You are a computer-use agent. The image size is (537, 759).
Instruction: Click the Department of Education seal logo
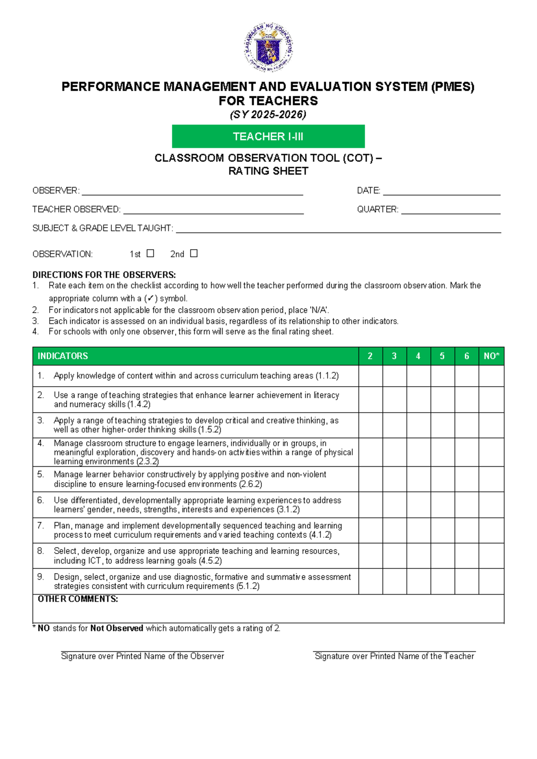pos(268,47)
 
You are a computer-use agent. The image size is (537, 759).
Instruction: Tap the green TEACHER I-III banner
pos(268,136)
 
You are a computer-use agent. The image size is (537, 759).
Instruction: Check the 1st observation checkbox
pos(150,253)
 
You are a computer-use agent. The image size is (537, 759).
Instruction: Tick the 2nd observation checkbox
pos(193,253)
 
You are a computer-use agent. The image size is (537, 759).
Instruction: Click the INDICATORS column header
pos(63,356)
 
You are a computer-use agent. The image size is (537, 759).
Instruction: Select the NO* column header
pos(491,356)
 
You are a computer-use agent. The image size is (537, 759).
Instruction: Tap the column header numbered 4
pos(418,356)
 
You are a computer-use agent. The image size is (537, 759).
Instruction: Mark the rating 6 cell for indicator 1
pos(466,376)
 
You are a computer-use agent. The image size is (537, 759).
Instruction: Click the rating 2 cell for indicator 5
pos(370,479)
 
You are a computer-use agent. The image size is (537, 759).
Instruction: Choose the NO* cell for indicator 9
pos(491,581)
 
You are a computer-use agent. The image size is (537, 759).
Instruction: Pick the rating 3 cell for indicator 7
pos(394,530)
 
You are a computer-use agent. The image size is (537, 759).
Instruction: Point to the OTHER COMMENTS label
pos(78,599)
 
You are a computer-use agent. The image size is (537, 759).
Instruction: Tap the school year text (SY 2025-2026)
pos(268,115)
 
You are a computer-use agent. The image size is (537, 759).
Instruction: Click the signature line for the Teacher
pos(394,651)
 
